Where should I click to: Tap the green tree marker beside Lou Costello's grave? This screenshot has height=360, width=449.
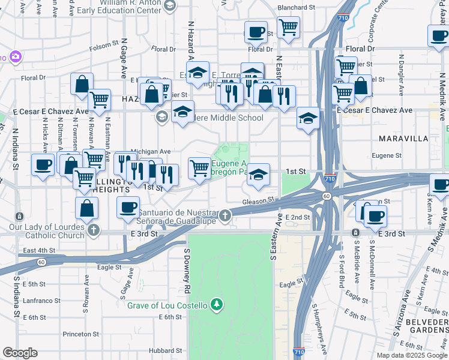tap(217, 305)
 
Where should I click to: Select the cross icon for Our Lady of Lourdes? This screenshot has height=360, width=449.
tap(93, 230)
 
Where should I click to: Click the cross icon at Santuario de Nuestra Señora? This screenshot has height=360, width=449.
tap(225, 216)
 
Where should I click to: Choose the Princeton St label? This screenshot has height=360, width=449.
tap(80, 334)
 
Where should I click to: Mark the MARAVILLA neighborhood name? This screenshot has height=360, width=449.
tap(403, 139)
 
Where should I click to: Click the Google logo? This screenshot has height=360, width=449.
tap(20, 353)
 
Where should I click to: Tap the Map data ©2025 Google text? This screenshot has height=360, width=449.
tap(411, 355)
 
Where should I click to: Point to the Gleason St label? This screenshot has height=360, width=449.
tap(259, 201)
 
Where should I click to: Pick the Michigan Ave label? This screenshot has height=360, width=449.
tap(151, 152)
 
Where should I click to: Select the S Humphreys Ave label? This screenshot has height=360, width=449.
tap(319, 327)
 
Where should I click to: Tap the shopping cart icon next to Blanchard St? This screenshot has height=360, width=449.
tap(289, 26)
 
